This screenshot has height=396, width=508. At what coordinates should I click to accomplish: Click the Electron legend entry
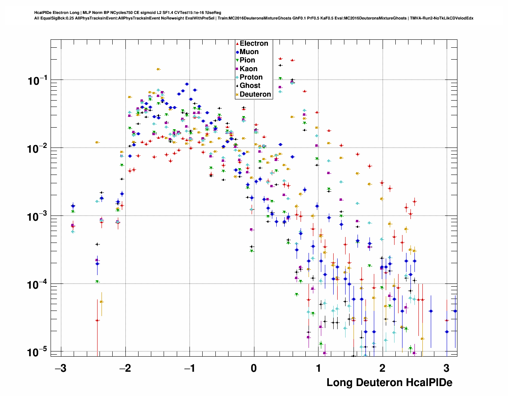(x=254, y=43)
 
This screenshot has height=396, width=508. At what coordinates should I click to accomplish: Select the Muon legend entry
(x=249, y=52)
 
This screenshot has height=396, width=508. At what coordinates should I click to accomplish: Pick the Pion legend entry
(x=247, y=60)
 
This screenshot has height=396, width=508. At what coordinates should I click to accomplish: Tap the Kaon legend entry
(x=248, y=69)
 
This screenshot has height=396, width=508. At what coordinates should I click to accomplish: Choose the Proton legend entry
(x=251, y=77)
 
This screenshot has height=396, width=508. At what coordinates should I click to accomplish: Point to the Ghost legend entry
(x=250, y=85)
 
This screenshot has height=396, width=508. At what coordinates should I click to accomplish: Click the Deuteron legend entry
(x=255, y=94)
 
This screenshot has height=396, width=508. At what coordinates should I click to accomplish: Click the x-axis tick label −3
(x=60, y=368)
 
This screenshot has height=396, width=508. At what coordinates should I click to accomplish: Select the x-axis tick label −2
(x=125, y=368)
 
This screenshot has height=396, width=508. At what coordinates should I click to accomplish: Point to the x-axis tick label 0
(x=254, y=368)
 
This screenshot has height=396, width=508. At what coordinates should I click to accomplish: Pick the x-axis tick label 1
(x=318, y=368)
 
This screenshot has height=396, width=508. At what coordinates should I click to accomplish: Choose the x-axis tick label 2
(x=382, y=368)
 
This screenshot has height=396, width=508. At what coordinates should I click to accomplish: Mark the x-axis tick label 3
(x=446, y=368)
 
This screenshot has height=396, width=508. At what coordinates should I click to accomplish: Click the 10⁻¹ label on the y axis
(x=38, y=81)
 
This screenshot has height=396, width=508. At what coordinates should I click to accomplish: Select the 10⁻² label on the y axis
(x=38, y=149)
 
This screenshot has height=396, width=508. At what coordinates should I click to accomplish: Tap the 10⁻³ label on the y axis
(x=38, y=217)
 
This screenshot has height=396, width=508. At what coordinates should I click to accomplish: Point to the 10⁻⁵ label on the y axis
(x=38, y=352)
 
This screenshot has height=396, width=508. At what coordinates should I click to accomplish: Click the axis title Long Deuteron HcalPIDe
(x=389, y=382)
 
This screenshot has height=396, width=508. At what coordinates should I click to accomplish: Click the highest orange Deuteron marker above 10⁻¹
(x=158, y=69)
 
